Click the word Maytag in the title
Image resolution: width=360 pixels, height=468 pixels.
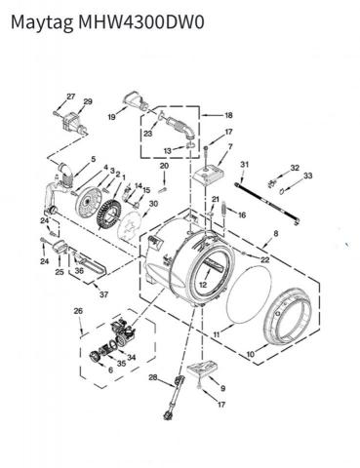(x=42, y=23)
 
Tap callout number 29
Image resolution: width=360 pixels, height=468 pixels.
(x=88, y=101)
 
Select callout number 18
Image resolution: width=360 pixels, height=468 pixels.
(x=228, y=115)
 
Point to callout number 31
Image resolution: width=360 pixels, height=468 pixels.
(x=244, y=165)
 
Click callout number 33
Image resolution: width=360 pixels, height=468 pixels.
(x=307, y=175)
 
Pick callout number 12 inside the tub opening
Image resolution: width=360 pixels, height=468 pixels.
(x=203, y=285)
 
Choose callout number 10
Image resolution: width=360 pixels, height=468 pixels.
(x=250, y=355)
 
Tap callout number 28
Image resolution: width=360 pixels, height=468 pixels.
(x=153, y=377)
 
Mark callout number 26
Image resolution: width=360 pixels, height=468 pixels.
(x=78, y=311)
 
